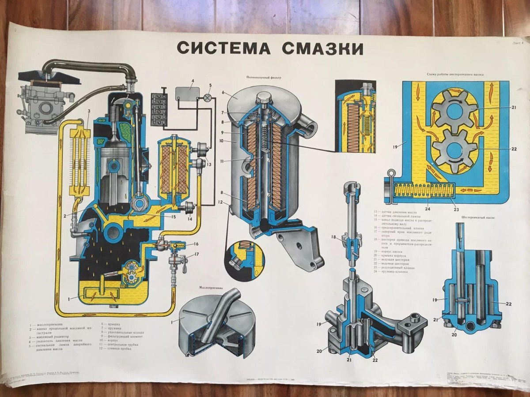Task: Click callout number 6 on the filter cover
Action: pos(223,93)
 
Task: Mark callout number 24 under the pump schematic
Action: pos(427,209)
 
